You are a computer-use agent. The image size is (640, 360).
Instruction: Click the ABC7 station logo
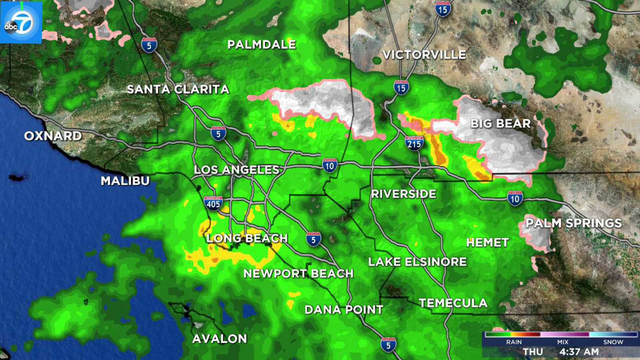point(21,22)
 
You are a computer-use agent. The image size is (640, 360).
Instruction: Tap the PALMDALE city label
point(262,44)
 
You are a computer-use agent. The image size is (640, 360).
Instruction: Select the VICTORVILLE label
point(424,55)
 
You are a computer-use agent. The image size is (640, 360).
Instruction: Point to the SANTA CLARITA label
point(178,89)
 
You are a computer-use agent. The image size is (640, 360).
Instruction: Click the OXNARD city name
point(53,136)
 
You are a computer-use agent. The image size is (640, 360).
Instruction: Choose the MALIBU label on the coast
point(125,181)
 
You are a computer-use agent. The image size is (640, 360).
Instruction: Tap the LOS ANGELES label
point(236,170)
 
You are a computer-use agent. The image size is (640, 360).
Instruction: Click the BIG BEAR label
point(500,124)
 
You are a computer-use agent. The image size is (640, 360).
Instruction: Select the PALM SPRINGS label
point(574,223)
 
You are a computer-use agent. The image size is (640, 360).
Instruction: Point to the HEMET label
point(487,242)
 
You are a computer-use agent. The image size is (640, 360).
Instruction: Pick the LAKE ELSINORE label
point(417,262)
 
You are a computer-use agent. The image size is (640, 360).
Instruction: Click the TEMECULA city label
point(453,303)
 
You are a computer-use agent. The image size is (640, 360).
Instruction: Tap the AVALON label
point(220,339)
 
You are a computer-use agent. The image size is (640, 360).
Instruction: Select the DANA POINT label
point(344,310)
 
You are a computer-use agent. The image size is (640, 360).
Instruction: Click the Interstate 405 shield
point(213,203)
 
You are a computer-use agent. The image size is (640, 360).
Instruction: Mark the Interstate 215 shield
point(414,143)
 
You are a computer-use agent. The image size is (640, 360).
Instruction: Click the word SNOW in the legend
point(613,342)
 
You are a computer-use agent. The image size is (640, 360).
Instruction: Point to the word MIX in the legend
point(562,342)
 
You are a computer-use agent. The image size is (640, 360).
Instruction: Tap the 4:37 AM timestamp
point(579,352)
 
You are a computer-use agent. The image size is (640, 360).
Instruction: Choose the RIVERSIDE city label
point(403,194)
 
